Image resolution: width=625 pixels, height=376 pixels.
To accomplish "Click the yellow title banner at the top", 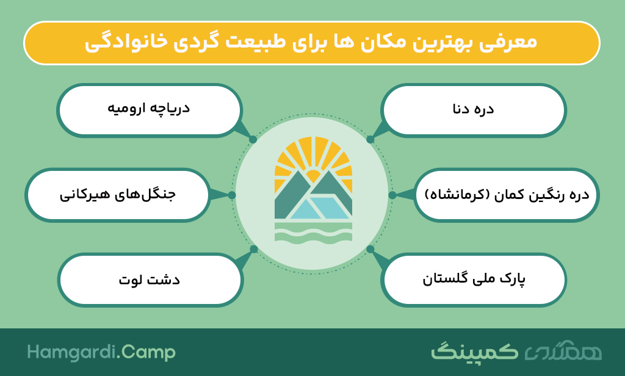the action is [x=312, y=43].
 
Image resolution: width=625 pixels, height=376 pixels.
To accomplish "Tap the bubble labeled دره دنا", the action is [x=474, y=110].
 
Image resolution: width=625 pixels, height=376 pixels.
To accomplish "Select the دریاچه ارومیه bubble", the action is [x=149, y=110].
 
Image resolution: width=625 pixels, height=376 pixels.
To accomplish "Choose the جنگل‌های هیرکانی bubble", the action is [x=118, y=195].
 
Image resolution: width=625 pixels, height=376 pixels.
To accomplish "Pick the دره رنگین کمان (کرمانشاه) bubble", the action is [x=507, y=195].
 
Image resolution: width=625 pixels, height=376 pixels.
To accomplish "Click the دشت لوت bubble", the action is [x=150, y=280].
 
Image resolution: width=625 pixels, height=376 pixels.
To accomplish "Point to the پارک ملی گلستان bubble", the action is [x=474, y=280].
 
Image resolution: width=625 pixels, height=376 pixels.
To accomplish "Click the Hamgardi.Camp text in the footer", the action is [x=101, y=352].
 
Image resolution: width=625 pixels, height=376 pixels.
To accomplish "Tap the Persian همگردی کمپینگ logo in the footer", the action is [x=516, y=351].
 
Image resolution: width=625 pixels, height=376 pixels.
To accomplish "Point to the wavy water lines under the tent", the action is [x=313, y=232].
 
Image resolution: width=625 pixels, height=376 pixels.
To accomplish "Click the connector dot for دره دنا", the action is [x=370, y=140].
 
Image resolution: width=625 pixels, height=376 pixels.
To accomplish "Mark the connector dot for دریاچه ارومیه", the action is [x=253, y=140].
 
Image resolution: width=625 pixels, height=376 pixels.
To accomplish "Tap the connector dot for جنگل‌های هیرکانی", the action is [x=231, y=195].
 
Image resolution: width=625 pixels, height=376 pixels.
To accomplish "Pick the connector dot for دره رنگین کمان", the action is [x=392, y=195].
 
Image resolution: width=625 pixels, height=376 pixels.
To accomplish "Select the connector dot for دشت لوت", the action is [x=254, y=249].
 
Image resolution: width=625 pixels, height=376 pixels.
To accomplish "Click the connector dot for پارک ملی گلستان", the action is [x=370, y=249].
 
